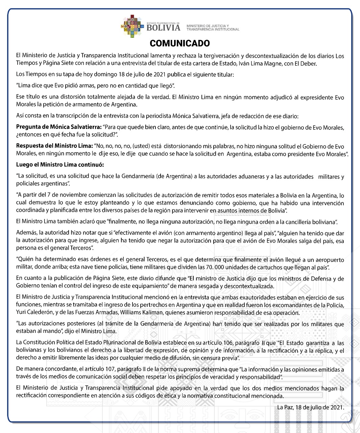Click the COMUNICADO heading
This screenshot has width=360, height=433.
[179, 43]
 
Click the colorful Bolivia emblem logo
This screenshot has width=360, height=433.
[133, 26]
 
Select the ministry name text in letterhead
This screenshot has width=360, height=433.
[213, 28]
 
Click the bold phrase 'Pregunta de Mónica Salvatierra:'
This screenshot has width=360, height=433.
[59, 128]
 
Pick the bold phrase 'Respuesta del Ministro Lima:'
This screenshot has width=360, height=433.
[54, 146]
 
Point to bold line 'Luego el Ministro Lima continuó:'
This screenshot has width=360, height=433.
[60, 165]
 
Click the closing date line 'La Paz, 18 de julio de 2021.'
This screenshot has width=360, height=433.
[310, 407]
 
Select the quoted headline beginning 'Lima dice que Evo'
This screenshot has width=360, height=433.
[96, 86]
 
